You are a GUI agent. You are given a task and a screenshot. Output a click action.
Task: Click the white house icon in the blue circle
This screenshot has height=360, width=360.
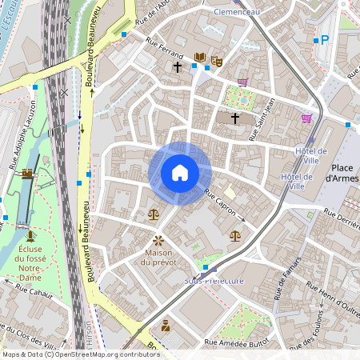click(179, 173)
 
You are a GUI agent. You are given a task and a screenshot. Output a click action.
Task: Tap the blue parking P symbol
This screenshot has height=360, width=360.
click(324, 38)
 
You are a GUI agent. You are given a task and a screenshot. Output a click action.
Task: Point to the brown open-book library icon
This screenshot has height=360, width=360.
click(199, 58)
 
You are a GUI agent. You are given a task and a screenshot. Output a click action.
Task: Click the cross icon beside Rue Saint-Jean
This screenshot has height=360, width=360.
click(235, 118)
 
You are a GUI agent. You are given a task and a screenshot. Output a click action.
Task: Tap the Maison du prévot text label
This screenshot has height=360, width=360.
click(158, 257)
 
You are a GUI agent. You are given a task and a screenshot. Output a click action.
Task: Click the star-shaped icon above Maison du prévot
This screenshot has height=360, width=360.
click(158, 239)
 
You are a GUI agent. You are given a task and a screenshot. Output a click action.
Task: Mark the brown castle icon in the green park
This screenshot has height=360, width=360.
click(27, 173)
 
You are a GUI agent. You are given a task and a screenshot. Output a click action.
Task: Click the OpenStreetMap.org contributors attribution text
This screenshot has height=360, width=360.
click(108, 354)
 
